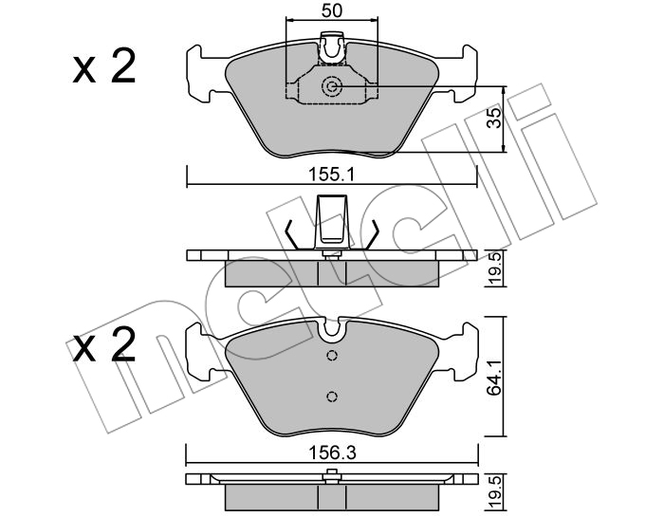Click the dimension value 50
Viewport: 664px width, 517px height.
coord(332,11)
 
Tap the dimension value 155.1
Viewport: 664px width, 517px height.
coord(331,174)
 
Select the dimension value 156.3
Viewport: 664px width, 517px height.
coord(332,453)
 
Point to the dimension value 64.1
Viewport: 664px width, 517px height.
coord(493,378)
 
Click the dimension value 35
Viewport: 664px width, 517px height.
coord(494,118)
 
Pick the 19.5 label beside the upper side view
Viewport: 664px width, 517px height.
coord(494,268)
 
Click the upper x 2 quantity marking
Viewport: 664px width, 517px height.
coord(104,65)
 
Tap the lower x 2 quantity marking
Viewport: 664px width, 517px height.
coord(104,344)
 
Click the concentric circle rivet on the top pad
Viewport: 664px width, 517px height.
coord(331,86)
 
